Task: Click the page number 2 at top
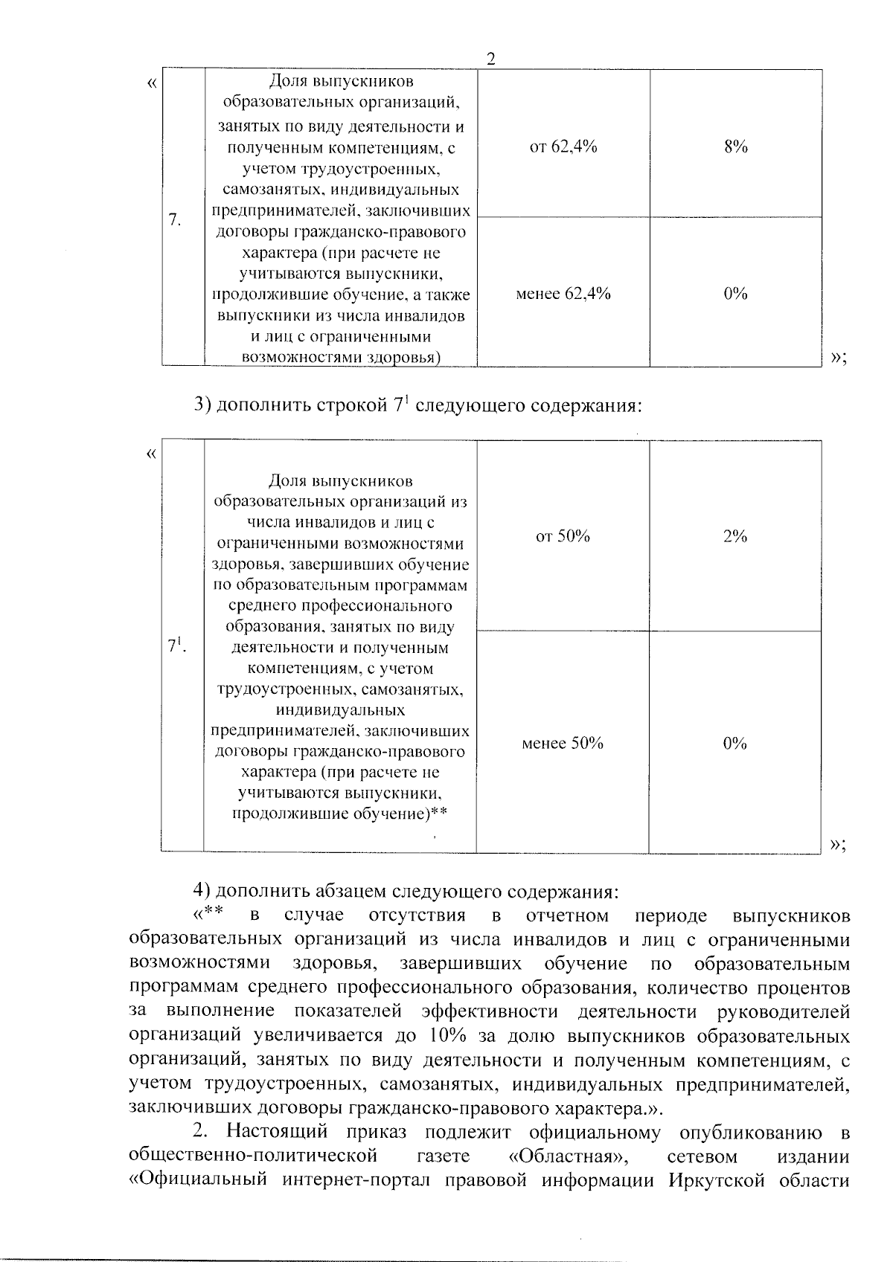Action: [x=490, y=59]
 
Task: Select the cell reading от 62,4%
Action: [x=563, y=147]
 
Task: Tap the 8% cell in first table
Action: [x=735, y=147]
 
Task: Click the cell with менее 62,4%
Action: [x=563, y=294]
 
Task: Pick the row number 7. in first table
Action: [x=176, y=220]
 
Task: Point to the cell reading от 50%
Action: [x=563, y=536]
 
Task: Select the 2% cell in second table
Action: [x=734, y=536]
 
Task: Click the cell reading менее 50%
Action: [x=563, y=743]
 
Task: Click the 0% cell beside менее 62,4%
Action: [x=735, y=294]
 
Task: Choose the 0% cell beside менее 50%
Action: [x=734, y=743]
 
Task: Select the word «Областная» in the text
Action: [x=566, y=1156]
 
